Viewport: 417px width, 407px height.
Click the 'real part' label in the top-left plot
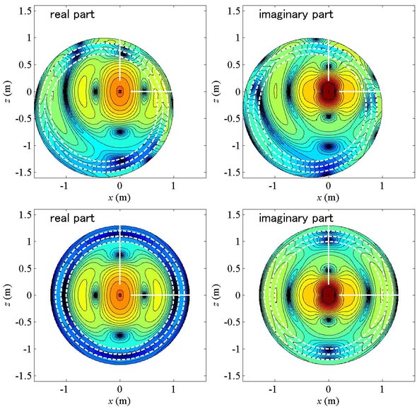(x=72, y=14)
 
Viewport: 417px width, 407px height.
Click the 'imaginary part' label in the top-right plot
(x=295, y=14)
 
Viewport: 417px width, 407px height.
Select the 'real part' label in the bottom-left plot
(x=72, y=218)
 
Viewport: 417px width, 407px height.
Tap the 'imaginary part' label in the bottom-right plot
(x=295, y=218)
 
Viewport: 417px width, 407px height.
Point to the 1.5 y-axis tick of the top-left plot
(x=25, y=11)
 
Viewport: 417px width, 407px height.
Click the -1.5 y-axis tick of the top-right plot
(x=232, y=173)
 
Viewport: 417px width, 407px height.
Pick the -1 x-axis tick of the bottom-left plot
(x=64, y=389)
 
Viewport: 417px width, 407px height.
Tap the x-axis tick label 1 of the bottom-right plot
(x=382, y=389)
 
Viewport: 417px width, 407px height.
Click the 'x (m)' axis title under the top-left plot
(x=119, y=197)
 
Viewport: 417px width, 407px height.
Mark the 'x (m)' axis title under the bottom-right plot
(x=328, y=401)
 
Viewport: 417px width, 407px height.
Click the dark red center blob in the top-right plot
(x=329, y=92)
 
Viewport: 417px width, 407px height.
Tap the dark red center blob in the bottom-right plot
(x=329, y=295)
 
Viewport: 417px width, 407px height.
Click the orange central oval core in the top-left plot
(x=120, y=91)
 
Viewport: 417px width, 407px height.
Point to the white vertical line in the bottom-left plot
(x=120, y=255)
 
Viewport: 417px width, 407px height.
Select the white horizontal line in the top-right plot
(x=360, y=91)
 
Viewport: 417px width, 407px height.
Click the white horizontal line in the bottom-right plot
(x=369, y=295)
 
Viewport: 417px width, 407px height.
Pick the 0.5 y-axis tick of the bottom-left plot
(x=25, y=268)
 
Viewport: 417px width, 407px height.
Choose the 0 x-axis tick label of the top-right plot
(x=329, y=185)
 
